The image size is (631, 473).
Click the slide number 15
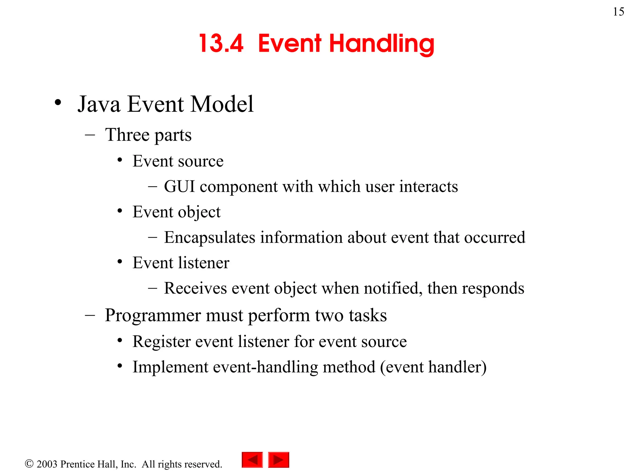click(618, 12)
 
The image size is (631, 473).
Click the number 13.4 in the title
click(221, 43)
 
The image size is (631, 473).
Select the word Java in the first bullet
click(99, 104)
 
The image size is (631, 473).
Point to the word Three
click(127, 135)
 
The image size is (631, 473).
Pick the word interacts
click(428, 187)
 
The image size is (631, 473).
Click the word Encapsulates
click(210, 238)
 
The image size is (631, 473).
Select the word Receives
click(195, 289)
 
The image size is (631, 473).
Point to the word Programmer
click(153, 316)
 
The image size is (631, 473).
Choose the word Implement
click(170, 367)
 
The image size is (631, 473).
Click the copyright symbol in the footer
click(29, 463)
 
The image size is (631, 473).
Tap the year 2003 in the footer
click(47, 464)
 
